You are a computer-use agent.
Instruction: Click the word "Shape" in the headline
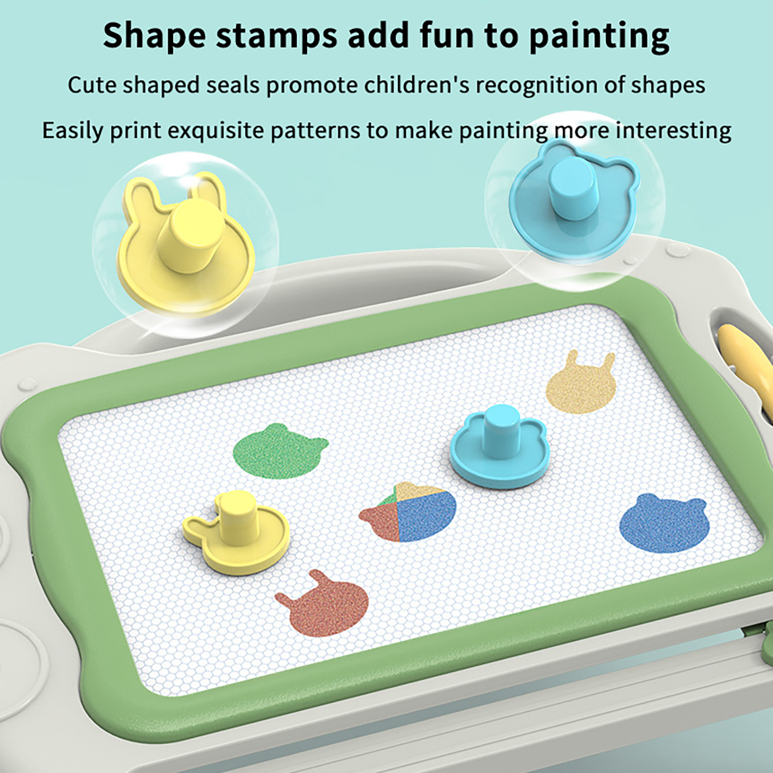point(154,36)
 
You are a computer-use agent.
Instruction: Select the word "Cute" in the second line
point(92,85)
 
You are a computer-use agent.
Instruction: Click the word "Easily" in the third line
point(72,131)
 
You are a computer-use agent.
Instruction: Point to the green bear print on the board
point(279,450)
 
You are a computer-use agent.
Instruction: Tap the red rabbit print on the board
point(323,603)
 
